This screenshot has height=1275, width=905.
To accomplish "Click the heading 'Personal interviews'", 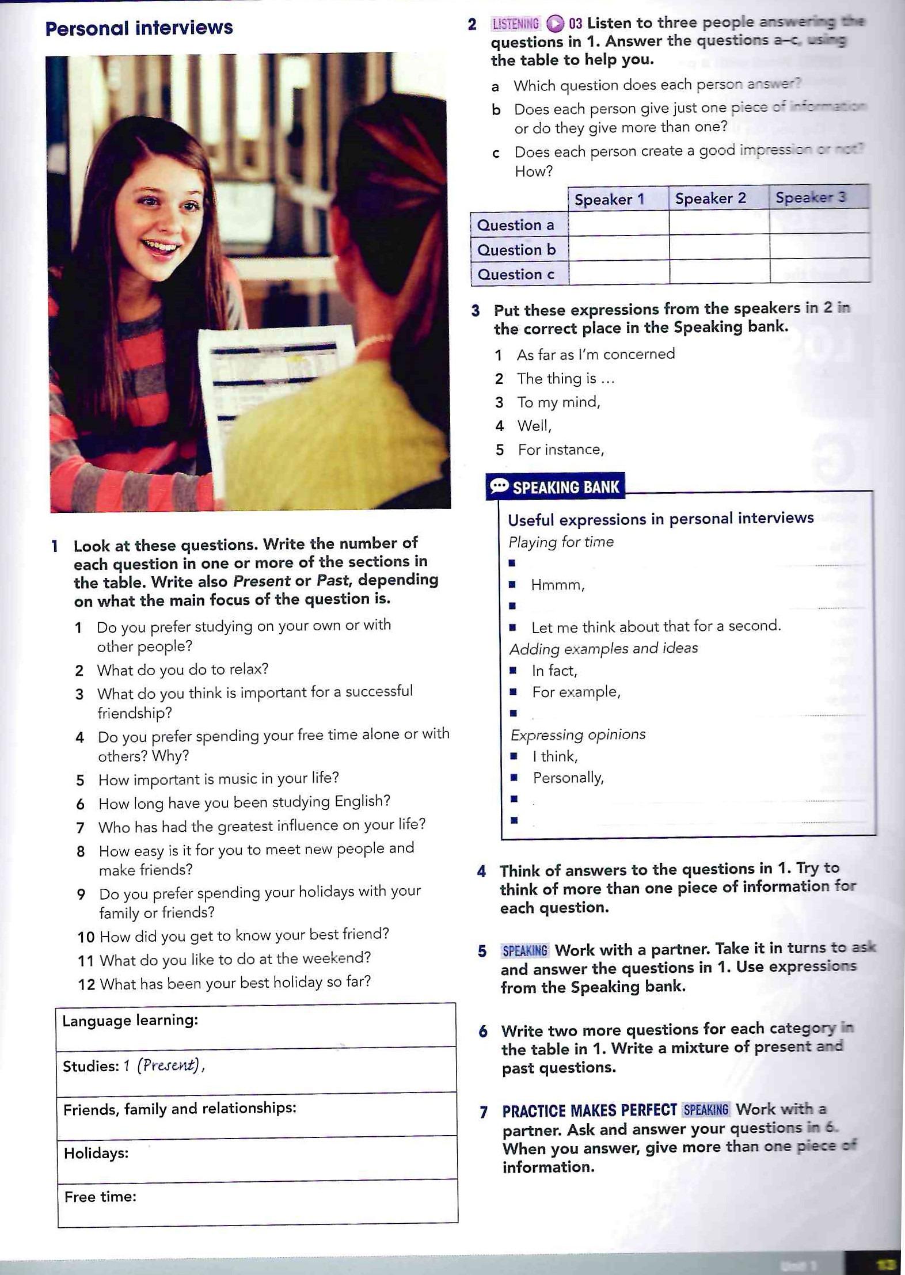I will (139, 28).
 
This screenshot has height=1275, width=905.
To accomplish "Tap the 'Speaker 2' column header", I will (710, 199).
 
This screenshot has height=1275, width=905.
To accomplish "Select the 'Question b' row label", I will (516, 250).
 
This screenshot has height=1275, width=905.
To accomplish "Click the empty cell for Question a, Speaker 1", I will (618, 223).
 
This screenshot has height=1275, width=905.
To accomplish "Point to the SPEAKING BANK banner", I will (556, 487).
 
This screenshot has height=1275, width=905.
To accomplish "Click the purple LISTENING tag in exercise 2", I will (516, 24).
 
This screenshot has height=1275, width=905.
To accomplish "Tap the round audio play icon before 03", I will (555, 24).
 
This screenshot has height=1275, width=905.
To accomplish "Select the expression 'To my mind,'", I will (558, 402).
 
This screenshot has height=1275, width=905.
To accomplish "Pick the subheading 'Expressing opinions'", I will (578, 734).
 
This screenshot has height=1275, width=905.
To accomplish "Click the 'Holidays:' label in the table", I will (96, 1153).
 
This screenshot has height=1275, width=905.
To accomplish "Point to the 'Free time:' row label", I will (100, 1197).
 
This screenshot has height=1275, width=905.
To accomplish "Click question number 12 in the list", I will (86, 984).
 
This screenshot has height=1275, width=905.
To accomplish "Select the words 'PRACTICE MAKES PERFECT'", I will (589, 1110).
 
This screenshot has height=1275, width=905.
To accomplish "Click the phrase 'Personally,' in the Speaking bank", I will (568, 778).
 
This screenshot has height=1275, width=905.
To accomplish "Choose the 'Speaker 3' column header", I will (810, 197).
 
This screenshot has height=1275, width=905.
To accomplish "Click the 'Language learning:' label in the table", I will (130, 1021).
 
